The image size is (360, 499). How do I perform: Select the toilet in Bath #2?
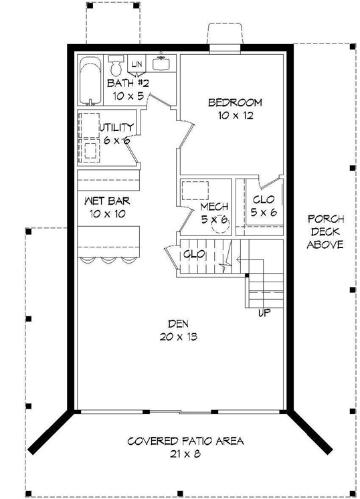[x=116, y=66]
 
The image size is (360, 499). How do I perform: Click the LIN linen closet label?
[x=137, y=64]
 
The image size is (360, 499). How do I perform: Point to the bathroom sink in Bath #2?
[x=161, y=64]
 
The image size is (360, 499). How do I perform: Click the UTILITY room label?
[x=118, y=127]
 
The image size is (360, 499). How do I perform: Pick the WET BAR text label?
[x=106, y=200]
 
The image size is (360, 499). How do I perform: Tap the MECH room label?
[x=214, y=206]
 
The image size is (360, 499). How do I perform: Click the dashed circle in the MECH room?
[x=220, y=227]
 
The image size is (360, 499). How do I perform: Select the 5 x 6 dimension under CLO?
[x=264, y=213]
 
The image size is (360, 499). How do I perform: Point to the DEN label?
[x=177, y=323]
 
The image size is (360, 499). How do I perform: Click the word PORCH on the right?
[x=325, y=219]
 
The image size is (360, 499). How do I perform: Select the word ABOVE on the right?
[x=325, y=244]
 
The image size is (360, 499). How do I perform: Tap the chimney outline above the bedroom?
[x=226, y=35]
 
